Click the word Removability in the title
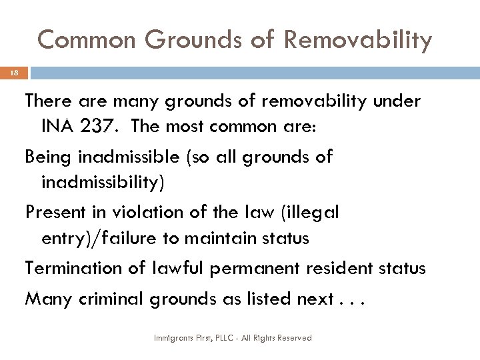coord(358,40)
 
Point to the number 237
coord(101,125)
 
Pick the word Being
coord(51,157)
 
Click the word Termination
coord(73,268)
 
